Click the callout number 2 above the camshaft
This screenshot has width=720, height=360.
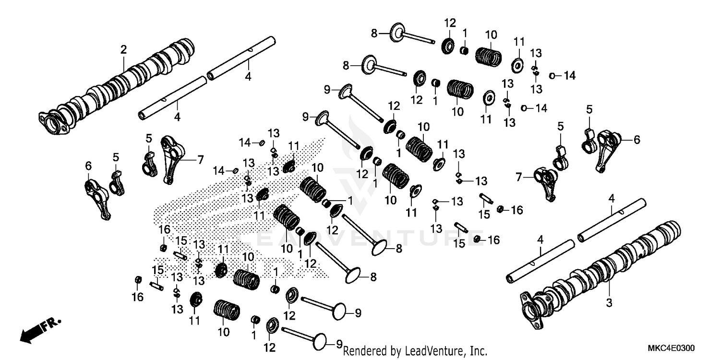point(123,49)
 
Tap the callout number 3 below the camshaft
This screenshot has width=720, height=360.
point(609,303)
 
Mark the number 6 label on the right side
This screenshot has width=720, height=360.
point(636,140)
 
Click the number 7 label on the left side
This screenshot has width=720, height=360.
point(200,160)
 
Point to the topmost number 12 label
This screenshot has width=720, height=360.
point(449,22)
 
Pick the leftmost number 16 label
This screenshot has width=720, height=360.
point(137,297)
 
